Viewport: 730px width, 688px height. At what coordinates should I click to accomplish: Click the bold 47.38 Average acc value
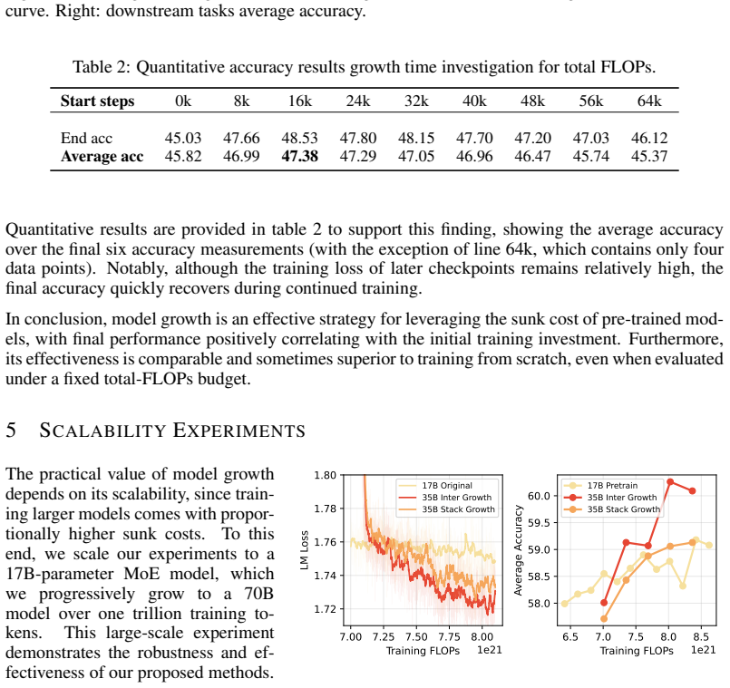pyautogui.click(x=299, y=156)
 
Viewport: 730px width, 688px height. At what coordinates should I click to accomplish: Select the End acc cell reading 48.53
pyautogui.click(x=299, y=138)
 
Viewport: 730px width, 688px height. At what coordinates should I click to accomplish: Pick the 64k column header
pyautogui.click(x=649, y=101)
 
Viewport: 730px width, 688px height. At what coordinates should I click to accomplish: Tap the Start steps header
pyautogui.click(x=97, y=101)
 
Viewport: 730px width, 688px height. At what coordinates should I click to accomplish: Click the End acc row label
pyautogui.click(x=86, y=138)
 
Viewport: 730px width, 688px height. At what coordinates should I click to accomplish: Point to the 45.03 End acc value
pyautogui.click(x=183, y=138)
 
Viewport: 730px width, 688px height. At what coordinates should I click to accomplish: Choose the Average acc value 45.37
pyautogui.click(x=649, y=156)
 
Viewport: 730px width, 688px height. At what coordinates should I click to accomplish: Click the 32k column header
pyautogui.click(x=416, y=101)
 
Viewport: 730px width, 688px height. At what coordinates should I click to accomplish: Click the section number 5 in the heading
pyautogui.click(x=11, y=431)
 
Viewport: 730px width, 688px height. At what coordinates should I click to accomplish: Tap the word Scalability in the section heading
pyautogui.click(x=102, y=431)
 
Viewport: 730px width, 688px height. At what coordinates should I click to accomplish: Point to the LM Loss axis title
pyautogui.click(x=305, y=549)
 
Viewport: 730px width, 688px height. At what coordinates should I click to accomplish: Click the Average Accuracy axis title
pyautogui.click(x=518, y=550)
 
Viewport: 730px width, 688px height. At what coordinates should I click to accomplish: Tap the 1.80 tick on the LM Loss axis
pyautogui.click(x=325, y=475)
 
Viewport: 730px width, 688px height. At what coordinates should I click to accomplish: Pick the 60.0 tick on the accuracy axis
pyautogui.click(x=540, y=496)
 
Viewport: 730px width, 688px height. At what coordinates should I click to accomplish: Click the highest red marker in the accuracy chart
pyautogui.click(x=670, y=482)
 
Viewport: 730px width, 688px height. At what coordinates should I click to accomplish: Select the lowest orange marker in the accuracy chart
pyautogui.click(x=604, y=618)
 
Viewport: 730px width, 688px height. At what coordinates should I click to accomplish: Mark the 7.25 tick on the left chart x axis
pyautogui.click(x=384, y=637)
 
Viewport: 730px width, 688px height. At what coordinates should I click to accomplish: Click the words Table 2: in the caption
pyautogui.click(x=102, y=67)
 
